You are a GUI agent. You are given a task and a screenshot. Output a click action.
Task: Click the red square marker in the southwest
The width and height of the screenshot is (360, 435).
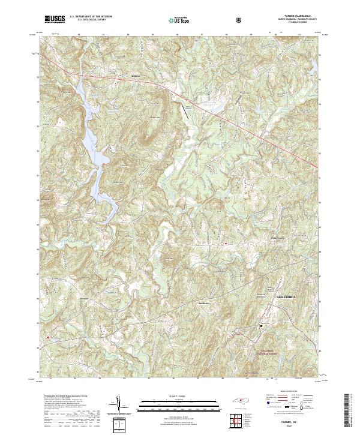(47, 338)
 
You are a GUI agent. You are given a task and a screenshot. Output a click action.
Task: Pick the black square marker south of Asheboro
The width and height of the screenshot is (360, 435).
(261, 326)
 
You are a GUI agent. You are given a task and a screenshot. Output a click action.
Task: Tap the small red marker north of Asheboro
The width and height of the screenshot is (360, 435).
(225, 244)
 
